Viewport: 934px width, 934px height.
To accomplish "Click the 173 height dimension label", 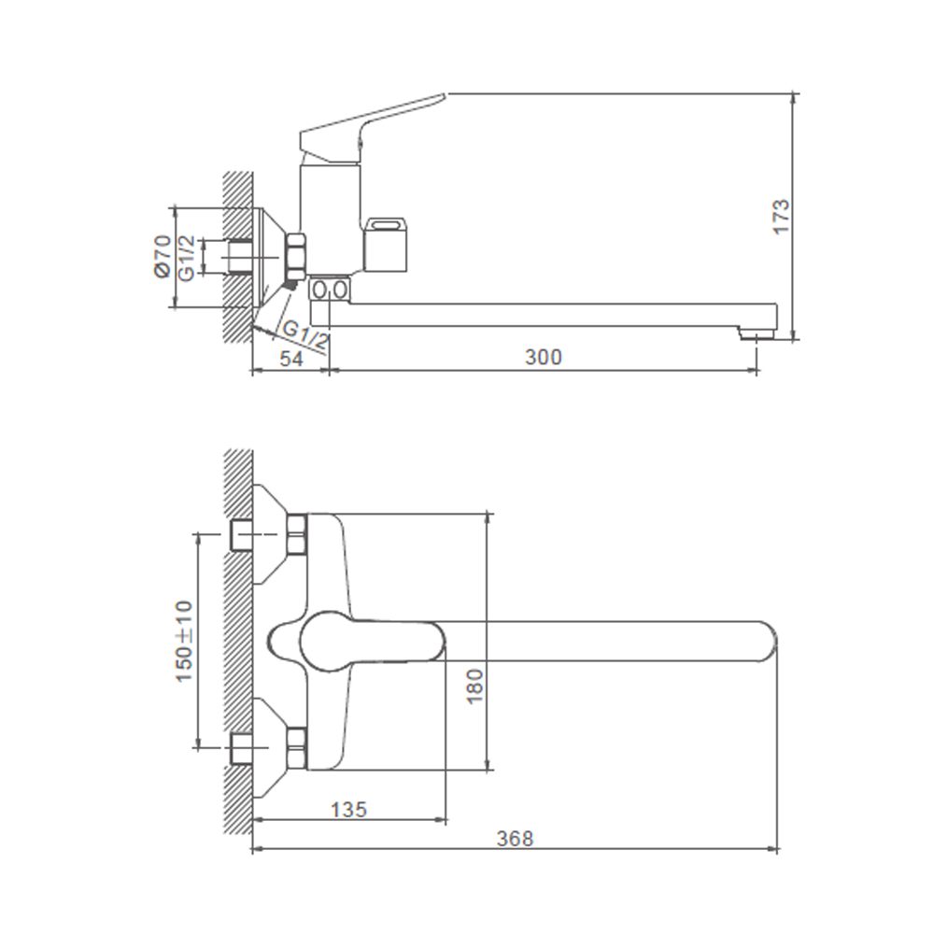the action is (781, 217).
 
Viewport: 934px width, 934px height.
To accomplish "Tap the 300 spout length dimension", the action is (544, 357).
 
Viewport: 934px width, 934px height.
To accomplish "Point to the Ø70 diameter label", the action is (162, 256).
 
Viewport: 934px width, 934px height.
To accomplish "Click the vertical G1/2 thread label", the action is (186, 258).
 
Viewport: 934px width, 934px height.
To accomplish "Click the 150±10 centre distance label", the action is (184, 642).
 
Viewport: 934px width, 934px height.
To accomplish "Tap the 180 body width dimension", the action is (474, 686).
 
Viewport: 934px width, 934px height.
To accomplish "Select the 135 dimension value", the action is (349, 810).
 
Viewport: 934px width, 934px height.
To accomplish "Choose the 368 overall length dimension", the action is (516, 838).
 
